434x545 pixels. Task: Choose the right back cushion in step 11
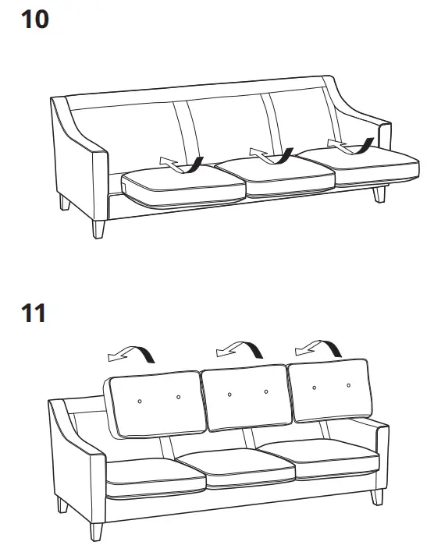point(329,390)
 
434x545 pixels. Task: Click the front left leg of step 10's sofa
point(98,228)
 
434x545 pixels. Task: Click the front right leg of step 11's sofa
point(378,496)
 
